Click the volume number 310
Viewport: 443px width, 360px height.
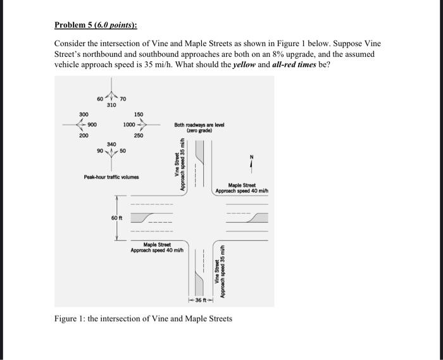(111, 105)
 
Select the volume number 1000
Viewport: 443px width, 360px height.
(130, 125)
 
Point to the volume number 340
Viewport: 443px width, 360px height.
(111, 144)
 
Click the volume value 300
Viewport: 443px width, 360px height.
(84, 115)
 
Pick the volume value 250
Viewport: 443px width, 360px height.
(138, 135)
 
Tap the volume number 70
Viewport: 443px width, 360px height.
(123, 99)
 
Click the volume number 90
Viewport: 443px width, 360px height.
(100, 151)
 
